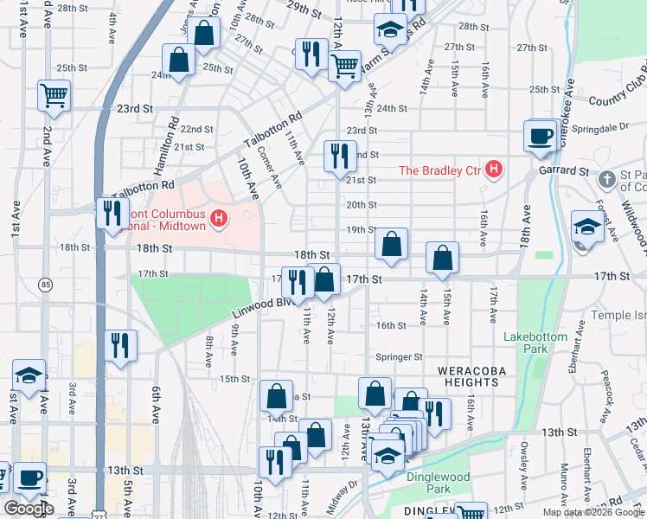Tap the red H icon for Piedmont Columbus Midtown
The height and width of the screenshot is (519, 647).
tap(219, 217)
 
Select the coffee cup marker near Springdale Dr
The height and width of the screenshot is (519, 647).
tap(541, 136)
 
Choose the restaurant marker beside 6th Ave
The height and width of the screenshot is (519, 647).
tap(120, 345)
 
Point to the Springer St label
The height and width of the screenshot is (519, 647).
tap(399, 356)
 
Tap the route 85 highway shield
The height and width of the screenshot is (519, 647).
tap(45, 284)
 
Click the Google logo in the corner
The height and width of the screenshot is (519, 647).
tap(29, 509)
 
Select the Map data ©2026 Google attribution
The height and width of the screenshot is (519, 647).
tap(593, 512)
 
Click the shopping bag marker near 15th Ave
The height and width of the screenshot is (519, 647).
tap(442, 258)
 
